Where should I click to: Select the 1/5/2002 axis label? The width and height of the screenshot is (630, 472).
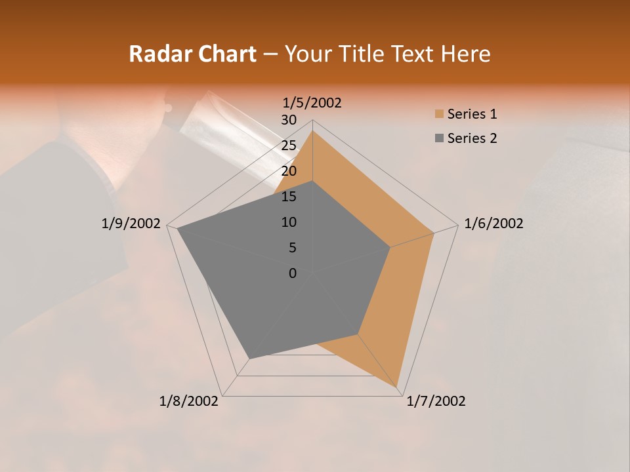pyautogui.click(x=312, y=103)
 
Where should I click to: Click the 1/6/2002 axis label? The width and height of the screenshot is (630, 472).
pyautogui.click(x=493, y=224)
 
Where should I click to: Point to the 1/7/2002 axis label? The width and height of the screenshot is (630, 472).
pyautogui.click(x=436, y=401)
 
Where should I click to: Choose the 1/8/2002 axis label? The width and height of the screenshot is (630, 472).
pyautogui.click(x=189, y=401)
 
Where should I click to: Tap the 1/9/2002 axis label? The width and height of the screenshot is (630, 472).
pyautogui.click(x=131, y=224)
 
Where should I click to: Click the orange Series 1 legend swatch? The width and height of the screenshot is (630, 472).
pyautogui.click(x=438, y=115)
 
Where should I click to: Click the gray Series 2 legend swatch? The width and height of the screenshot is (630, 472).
pyautogui.click(x=438, y=138)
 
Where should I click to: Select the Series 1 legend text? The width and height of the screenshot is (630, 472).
pyautogui.click(x=472, y=115)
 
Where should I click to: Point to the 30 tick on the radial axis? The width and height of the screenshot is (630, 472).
pyautogui.click(x=289, y=120)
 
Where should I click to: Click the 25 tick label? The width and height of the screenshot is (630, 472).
pyautogui.click(x=289, y=146)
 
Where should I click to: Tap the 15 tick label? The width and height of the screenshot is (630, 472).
pyautogui.click(x=289, y=197)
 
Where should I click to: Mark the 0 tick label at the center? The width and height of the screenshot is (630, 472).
pyautogui.click(x=293, y=273)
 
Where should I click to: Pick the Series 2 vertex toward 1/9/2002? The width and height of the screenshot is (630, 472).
pyautogui.click(x=177, y=229)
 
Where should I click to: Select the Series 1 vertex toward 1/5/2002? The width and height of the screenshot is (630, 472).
pyautogui.click(x=312, y=131)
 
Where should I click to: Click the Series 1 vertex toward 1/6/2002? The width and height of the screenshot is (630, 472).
pyautogui.click(x=434, y=233)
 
